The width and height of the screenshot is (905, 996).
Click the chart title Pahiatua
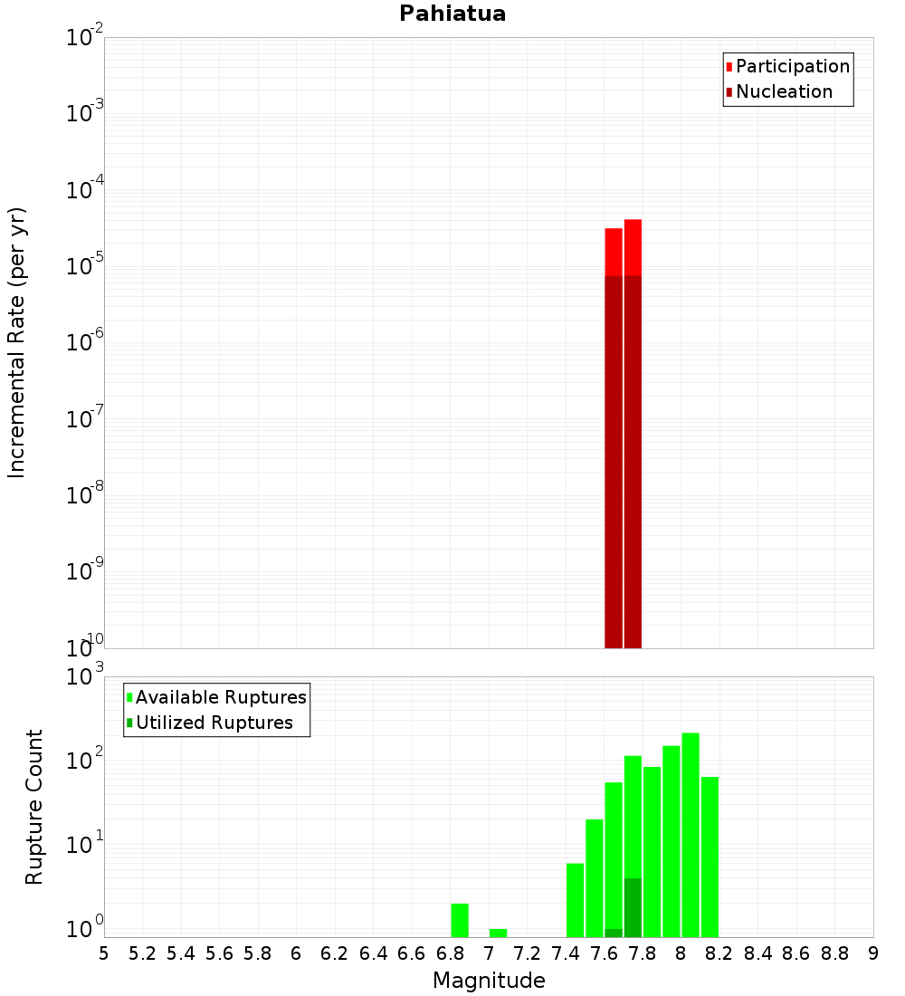(452, 14)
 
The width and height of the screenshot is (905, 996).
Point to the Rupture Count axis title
(34, 807)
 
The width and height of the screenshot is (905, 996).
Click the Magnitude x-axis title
(489, 981)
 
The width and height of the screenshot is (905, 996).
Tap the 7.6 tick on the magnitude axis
(604, 953)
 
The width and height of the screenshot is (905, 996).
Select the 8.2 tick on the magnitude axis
(719, 953)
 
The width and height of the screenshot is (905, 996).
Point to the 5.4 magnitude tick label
(181, 953)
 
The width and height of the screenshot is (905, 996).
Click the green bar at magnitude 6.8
(460, 920)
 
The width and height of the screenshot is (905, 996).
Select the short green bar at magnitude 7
(498, 933)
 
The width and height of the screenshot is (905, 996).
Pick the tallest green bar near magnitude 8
(691, 833)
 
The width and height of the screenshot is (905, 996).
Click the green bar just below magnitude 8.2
(710, 856)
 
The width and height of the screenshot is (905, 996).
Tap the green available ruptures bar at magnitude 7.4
(575, 900)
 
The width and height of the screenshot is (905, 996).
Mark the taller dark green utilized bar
(633, 907)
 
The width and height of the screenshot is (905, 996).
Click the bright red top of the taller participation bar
(633, 246)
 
